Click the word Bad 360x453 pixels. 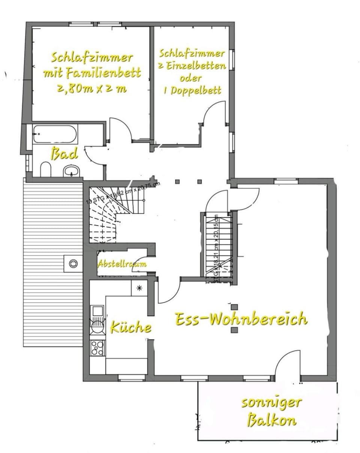(x=64, y=154)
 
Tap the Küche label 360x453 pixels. (x=130, y=327)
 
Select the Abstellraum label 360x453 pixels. (x=122, y=264)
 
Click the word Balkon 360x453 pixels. (x=271, y=420)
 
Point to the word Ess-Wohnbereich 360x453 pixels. (x=241, y=319)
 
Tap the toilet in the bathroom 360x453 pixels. (x=45, y=169)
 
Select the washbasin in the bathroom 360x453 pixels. (x=72, y=171)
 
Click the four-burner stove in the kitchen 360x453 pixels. (x=97, y=348)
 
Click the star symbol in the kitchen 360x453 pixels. (x=139, y=288)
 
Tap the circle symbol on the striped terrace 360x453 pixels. (x=73, y=263)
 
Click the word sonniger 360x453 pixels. (x=271, y=402)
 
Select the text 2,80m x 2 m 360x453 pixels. (x=92, y=89)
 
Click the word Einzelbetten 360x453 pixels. (x=202, y=66)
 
